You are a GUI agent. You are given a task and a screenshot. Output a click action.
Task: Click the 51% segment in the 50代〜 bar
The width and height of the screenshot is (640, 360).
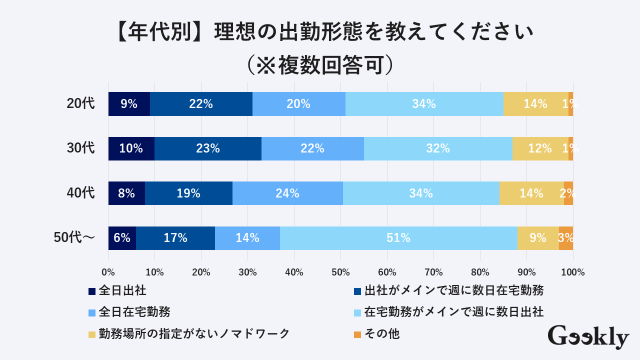click(x=398, y=238)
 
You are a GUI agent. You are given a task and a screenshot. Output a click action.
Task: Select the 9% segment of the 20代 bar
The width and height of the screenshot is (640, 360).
click(x=129, y=104)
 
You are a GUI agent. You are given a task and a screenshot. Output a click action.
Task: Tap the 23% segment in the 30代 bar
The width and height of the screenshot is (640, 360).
click(x=208, y=148)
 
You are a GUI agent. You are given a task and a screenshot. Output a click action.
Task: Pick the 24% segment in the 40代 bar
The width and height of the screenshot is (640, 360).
click(x=287, y=193)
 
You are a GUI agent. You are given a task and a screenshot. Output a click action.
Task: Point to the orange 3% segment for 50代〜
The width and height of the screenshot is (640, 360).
click(x=566, y=238)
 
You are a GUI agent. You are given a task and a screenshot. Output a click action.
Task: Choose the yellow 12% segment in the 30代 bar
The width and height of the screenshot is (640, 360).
click(x=540, y=148)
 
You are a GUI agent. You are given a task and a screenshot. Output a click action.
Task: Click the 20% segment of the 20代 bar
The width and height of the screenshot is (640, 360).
click(x=298, y=104)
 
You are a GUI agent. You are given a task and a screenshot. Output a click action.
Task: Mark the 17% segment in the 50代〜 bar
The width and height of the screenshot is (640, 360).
click(x=175, y=238)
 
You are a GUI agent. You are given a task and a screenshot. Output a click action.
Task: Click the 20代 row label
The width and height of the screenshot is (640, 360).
click(x=80, y=103)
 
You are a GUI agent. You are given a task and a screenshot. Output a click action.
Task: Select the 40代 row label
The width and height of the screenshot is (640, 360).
click(x=80, y=193)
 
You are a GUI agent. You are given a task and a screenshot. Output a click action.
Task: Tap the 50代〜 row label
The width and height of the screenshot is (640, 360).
click(x=74, y=238)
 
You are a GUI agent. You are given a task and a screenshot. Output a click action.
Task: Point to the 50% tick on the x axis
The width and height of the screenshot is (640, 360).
click(x=340, y=272)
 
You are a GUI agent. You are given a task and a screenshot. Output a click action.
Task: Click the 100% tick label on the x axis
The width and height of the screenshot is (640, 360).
click(x=573, y=272)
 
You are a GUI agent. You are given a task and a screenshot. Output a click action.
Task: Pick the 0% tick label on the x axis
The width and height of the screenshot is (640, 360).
click(x=108, y=272)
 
